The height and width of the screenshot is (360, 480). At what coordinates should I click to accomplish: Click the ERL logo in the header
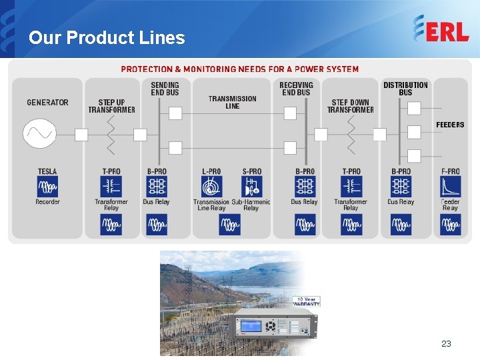[x=441, y=29]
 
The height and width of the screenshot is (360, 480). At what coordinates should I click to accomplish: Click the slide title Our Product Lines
[x=107, y=38]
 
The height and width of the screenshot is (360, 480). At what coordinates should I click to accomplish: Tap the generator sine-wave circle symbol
[x=39, y=133]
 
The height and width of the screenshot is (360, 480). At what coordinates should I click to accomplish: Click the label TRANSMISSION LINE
[x=232, y=102]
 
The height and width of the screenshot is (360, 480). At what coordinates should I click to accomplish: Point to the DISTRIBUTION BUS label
[x=405, y=89]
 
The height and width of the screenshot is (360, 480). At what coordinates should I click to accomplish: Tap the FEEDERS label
[x=450, y=125]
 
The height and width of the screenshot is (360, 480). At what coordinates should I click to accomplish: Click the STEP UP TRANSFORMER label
[x=111, y=106]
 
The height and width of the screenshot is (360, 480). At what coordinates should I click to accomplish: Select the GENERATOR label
[x=47, y=103]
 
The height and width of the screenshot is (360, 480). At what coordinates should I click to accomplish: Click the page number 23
[x=446, y=344]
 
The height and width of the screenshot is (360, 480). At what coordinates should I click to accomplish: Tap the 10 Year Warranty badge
[x=308, y=301]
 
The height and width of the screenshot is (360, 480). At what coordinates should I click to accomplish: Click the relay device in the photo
[x=273, y=325]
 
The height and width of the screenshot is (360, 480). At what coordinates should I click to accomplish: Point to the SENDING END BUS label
[x=165, y=89]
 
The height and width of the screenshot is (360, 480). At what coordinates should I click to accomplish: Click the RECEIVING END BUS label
[x=296, y=89]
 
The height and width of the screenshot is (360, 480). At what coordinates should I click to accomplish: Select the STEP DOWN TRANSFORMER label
[x=350, y=106]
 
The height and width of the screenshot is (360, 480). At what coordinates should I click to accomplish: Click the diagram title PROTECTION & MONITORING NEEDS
[x=239, y=69]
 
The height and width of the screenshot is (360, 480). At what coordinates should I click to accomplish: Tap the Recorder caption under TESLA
[x=47, y=202]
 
